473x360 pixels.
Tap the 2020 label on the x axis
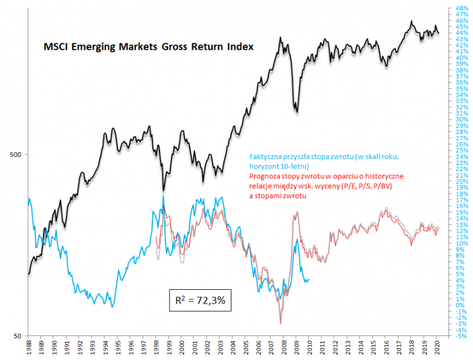438,350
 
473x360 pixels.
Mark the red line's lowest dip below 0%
281,323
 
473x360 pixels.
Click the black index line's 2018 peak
411,22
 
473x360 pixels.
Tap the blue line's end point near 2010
308,280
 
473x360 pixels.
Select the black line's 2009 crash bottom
296,111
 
